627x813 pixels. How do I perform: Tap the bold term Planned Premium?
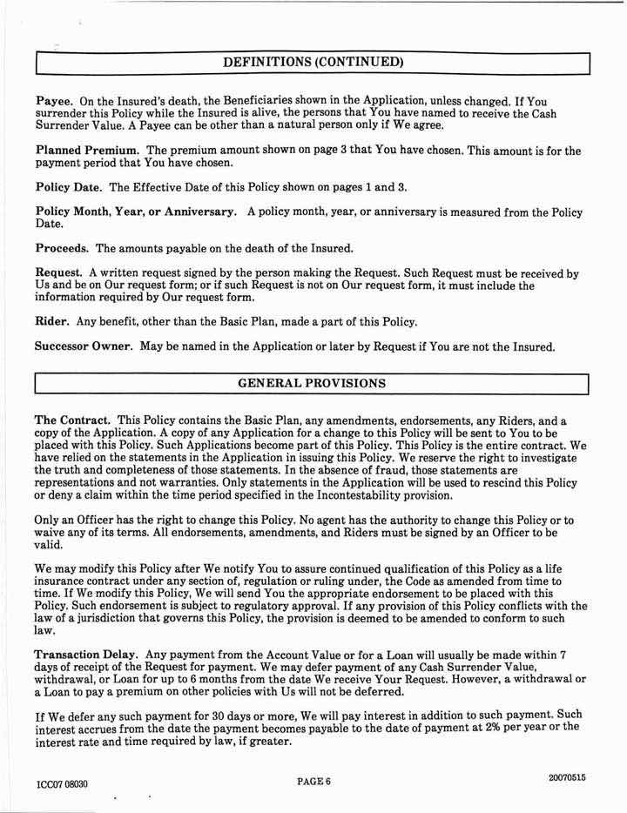pos(84,151)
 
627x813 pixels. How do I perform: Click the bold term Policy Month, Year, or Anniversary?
pos(135,212)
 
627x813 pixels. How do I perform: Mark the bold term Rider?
pos(51,321)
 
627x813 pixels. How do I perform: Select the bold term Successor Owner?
pos(84,346)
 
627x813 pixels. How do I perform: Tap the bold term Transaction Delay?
pos(86,654)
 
